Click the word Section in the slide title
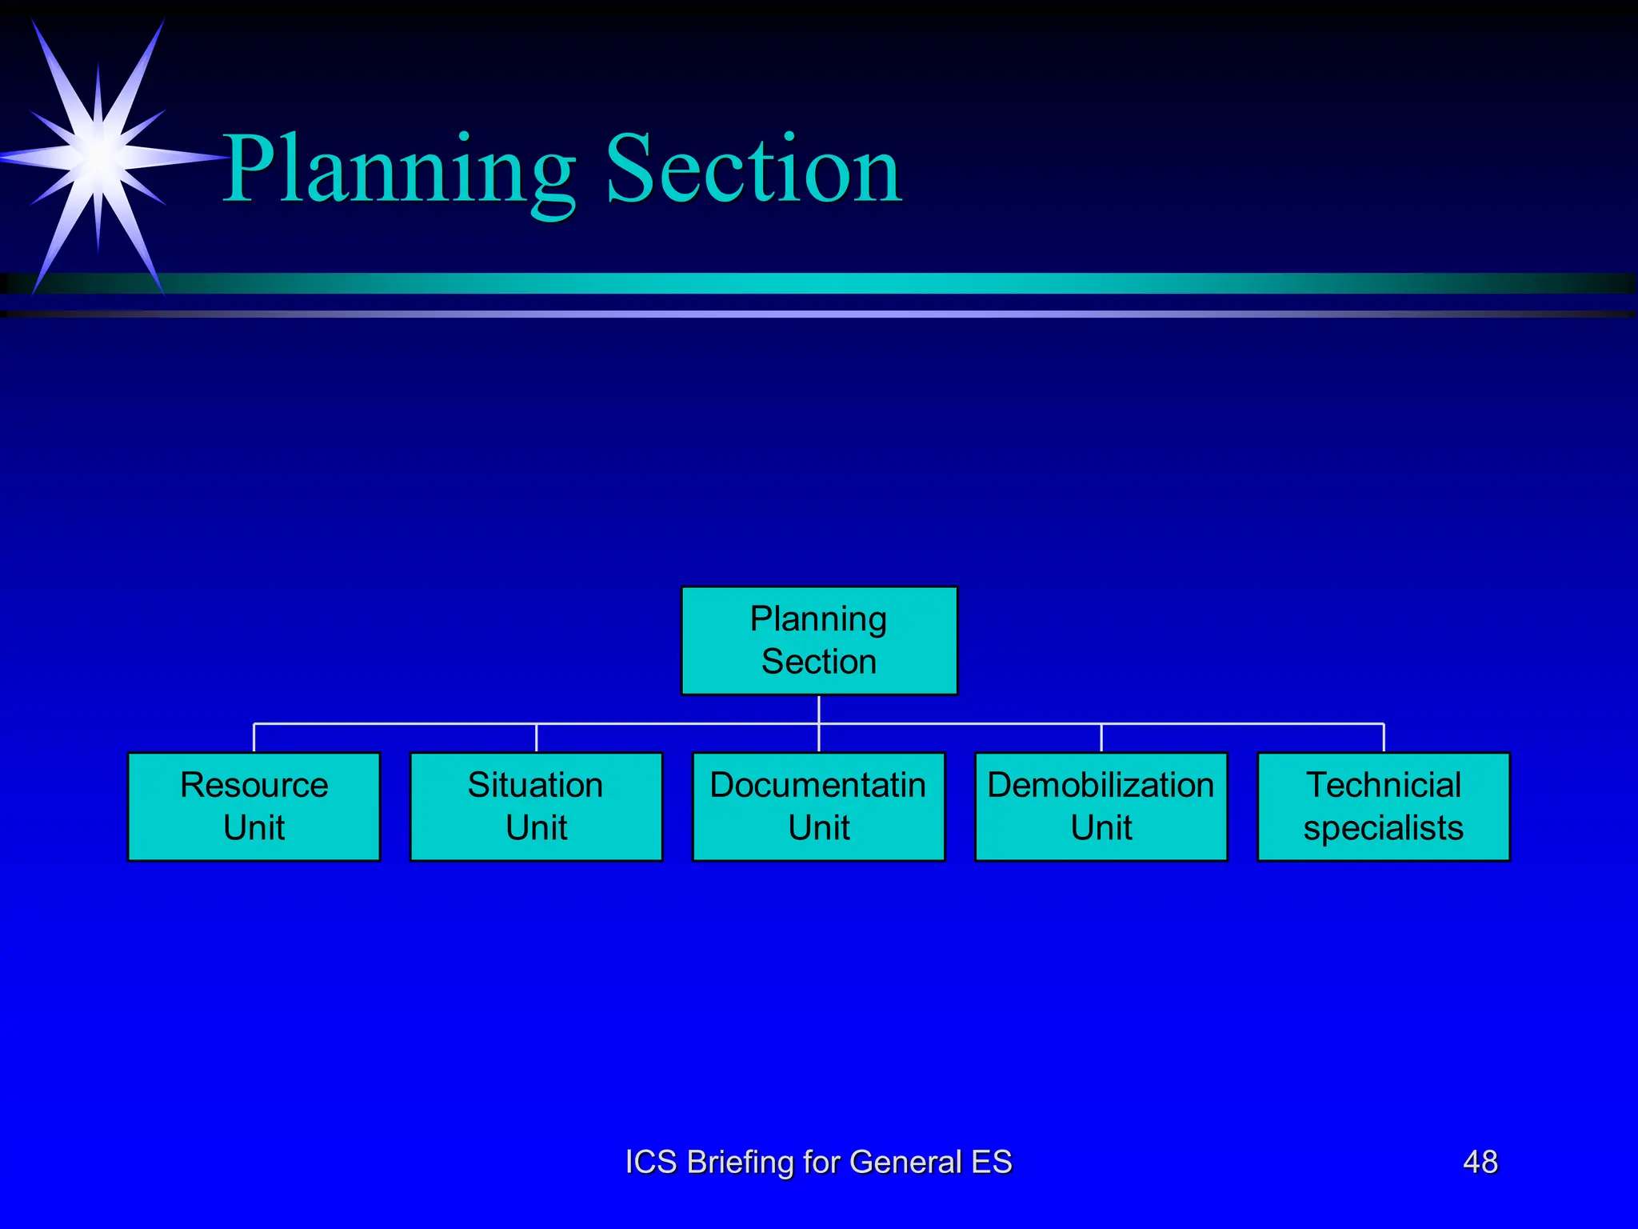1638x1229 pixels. click(753, 170)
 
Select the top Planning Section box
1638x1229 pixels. click(819, 640)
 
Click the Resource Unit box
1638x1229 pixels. click(254, 807)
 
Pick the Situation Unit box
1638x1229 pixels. click(536, 807)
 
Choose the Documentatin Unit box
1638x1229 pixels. click(818, 807)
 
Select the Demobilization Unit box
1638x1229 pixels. click(1101, 807)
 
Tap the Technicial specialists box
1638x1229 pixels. click(1383, 807)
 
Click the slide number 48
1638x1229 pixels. click(1480, 1162)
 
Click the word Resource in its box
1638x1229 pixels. click(254, 785)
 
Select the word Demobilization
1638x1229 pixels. click(1101, 785)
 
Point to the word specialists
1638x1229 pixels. click(1383, 828)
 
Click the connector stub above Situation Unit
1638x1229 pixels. click(536, 738)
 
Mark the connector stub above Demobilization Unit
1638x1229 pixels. click(1101, 738)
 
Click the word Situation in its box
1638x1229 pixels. click(535, 785)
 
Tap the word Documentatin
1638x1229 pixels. click(817, 785)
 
